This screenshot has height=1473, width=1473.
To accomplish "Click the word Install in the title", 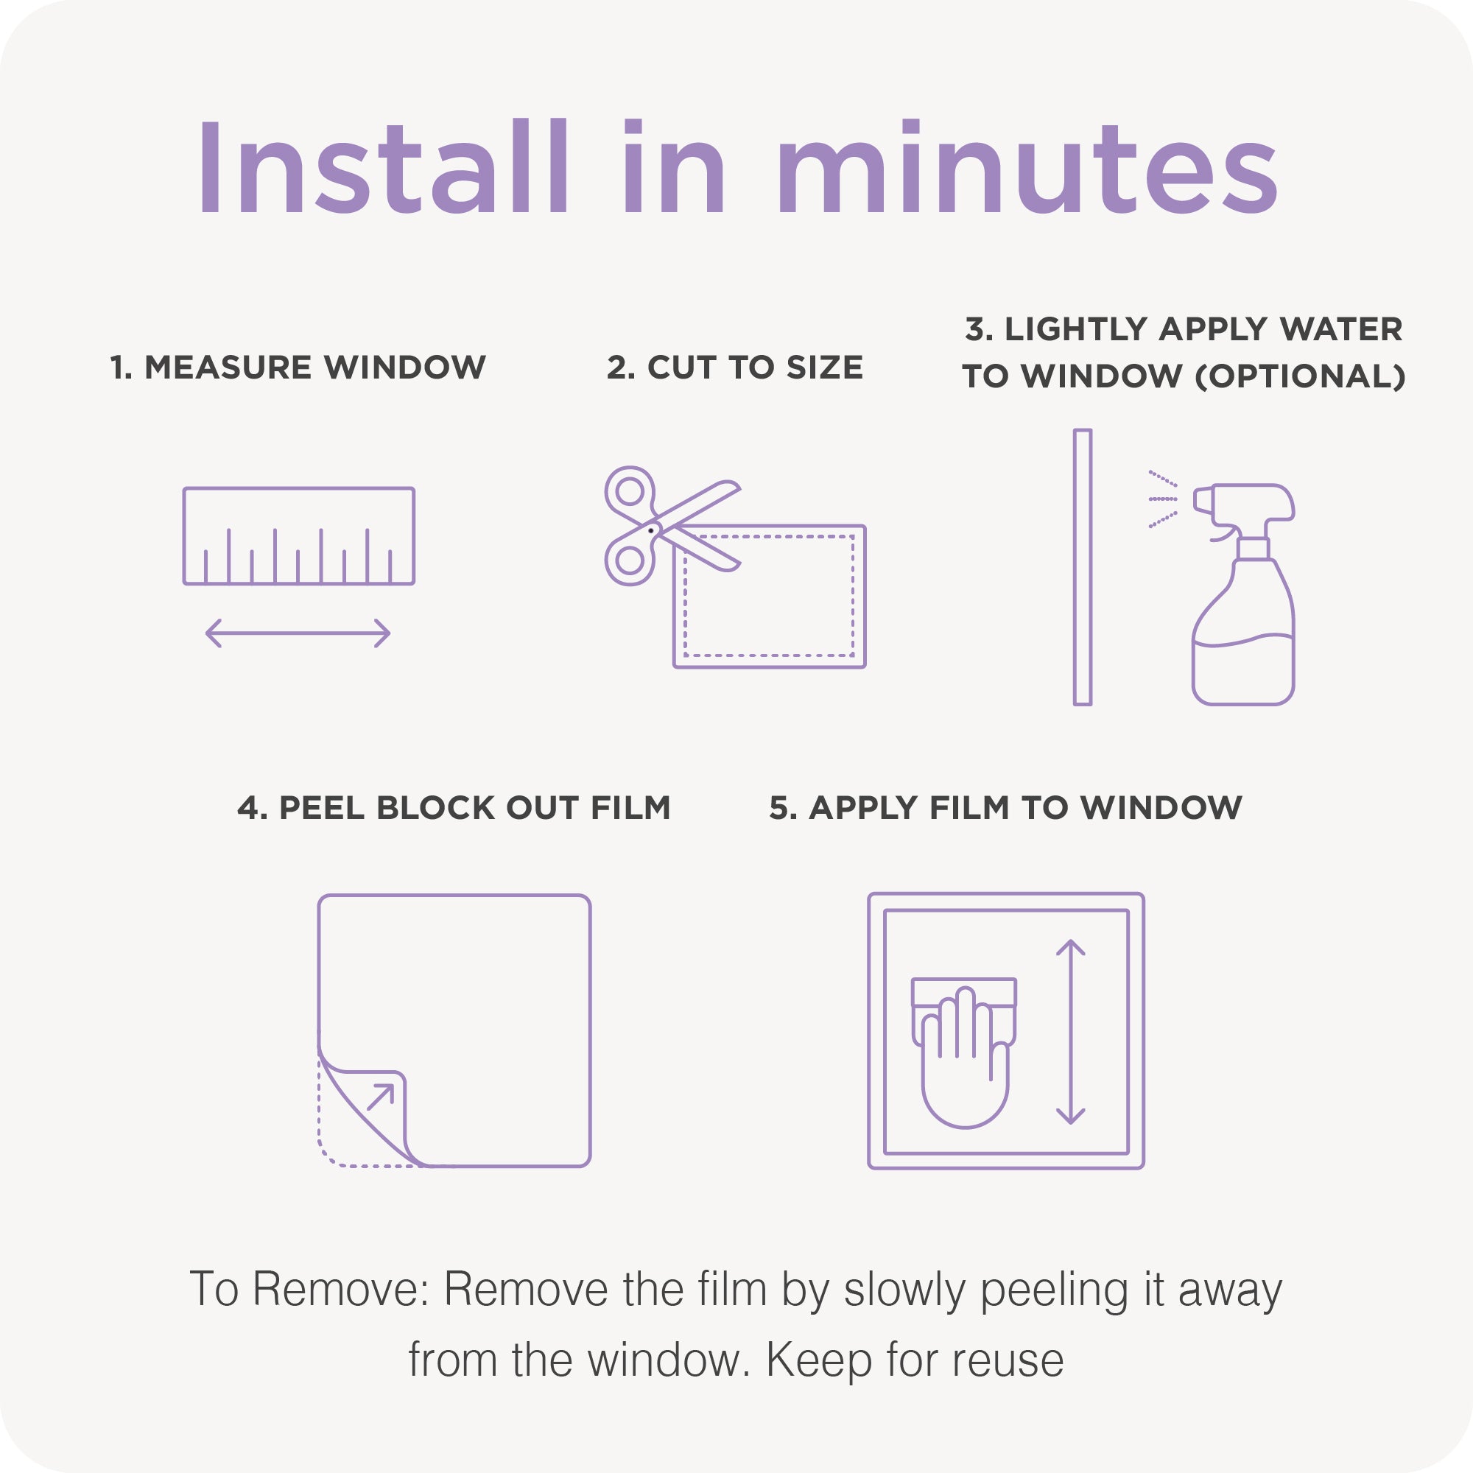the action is (x=384, y=167).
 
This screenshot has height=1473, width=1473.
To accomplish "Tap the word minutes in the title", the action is (x=1027, y=167).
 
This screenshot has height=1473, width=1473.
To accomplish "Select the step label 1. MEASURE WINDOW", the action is (x=298, y=368).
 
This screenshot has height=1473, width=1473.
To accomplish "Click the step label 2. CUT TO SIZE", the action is (x=735, y=368).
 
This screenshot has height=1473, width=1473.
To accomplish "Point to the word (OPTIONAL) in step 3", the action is (x=1301, y=376).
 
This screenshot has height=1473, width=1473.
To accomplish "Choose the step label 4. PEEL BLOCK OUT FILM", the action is (x=454, y=808).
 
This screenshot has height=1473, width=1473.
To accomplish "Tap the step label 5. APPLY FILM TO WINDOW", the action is (x=1005, y=808).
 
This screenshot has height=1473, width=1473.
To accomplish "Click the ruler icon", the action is (x=299, y=536).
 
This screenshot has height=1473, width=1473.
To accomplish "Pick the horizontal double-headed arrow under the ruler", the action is (x=298, y=633).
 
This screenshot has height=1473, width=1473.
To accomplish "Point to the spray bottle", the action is (x=1242, y=594).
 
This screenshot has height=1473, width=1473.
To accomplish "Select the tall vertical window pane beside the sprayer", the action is (x=1083, y=567).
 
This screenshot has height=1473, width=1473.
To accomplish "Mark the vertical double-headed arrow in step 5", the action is (x=1070, y=1033).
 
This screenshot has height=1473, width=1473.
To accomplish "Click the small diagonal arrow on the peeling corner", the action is (x=381, y=1097).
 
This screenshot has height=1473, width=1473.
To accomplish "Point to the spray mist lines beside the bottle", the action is (x=1163, y=499).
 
